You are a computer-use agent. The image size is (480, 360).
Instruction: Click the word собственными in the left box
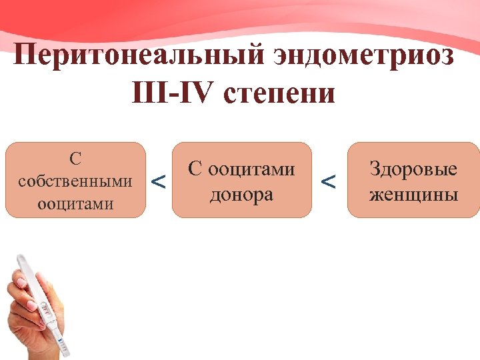pos(75,181)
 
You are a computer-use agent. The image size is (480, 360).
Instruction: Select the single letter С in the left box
pos(75,159)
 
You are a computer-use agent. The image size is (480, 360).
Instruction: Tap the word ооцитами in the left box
pos(75,203)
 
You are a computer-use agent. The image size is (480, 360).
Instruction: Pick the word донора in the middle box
pos(241,195)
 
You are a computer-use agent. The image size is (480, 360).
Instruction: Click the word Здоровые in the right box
pos(414,169)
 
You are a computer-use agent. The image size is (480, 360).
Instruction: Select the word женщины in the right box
pos(414,195)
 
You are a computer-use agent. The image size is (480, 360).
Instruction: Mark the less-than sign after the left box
pos(159,181)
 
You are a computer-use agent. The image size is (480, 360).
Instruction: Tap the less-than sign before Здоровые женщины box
pos(329,181)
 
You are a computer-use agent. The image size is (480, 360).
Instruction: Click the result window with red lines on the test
pos(45,311)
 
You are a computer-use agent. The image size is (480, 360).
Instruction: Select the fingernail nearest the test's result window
pos(32,305)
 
